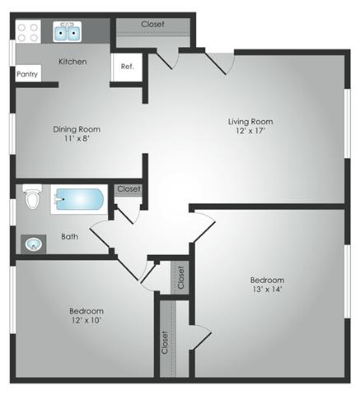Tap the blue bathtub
(x=78, y=200)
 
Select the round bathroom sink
(x=34, y=244)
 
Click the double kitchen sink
(x=68, y=33)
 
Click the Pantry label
(x=27, y=73)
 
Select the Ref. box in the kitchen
(x=128, y=67)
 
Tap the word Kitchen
(x=72, y=61)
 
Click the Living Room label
(x=250, y=122)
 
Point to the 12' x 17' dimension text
(x=250, y=132)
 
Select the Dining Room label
(x=76, y=129)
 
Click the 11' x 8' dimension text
(x=76, y=140)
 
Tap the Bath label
(x=70, y=237)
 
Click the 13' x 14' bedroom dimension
(x=268, y=290)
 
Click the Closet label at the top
(x=152, y=24)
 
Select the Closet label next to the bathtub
(x=129, y=189)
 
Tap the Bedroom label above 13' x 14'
(x=268, y=280)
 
